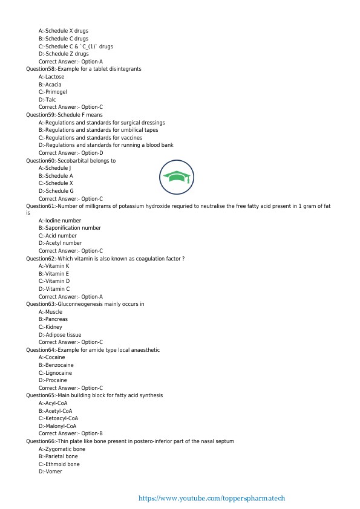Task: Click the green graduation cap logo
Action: click(x=176, y=177)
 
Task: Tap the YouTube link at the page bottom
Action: click(x=211, y=499)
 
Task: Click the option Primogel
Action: click(x=53, y=92)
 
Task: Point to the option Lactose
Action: click(x=51, y=77)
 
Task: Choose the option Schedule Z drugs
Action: click(x=64, y=54)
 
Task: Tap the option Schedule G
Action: click(x=56, y=191)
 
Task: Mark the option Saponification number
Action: click(x=70, y=228)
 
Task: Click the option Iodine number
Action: click(x=60, y=221)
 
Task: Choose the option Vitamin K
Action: click(x=54, y=266)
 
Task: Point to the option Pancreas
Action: click(x=53, y=319)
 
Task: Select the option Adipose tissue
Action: click(x=60, y=334)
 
